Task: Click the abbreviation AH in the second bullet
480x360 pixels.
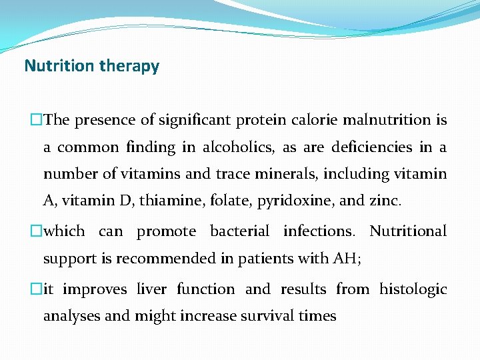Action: (346, 258)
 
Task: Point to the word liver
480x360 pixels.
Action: (152, 289)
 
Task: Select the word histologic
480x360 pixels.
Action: (413, 289)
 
